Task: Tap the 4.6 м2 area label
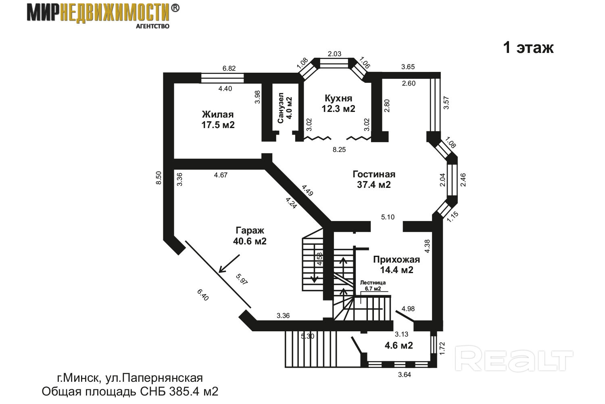coord(398,345)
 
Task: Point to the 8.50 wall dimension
coord(159,178)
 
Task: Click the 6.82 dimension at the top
coord(229,68)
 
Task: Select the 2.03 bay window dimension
coord(334,54)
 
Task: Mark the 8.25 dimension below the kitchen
coord(339,149)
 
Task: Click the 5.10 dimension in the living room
coord(388,217)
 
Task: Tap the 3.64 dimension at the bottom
coord(404,375)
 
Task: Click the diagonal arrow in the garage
coord(229,264)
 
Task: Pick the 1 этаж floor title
coord(528,48)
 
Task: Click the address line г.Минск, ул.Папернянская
coord(129,378)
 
